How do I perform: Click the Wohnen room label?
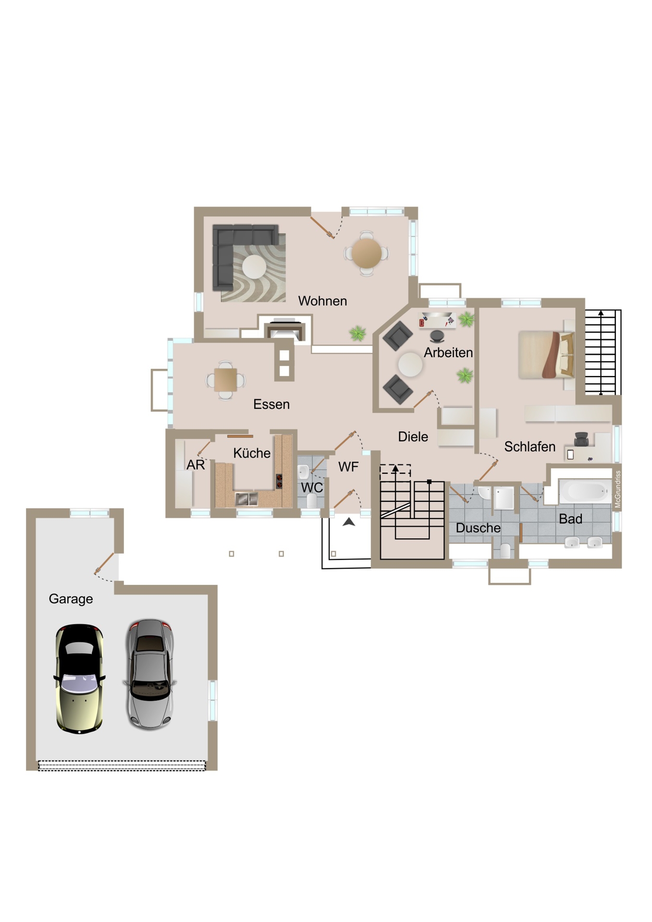tap(322, 301)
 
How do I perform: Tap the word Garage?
tap(71, 599)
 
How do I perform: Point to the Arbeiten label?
tap(448, 353)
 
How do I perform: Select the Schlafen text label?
tap(529, 447)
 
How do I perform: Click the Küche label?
tap(252, 453)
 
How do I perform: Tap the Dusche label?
tap(478, 528)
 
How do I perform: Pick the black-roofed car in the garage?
tap(79, 679)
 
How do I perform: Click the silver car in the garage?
tap(150, 674)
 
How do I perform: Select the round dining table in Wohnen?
tap(366, 253)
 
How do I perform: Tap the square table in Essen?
tap(225, 380)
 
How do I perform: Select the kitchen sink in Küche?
tap(247, 499)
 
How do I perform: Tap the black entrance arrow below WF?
tap(349, 522)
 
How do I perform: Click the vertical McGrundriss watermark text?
tap(618, 489)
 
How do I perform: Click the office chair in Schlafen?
tap(581, 438)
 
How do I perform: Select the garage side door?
tap(105, 564)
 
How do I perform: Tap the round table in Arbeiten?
tap(410, 364)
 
